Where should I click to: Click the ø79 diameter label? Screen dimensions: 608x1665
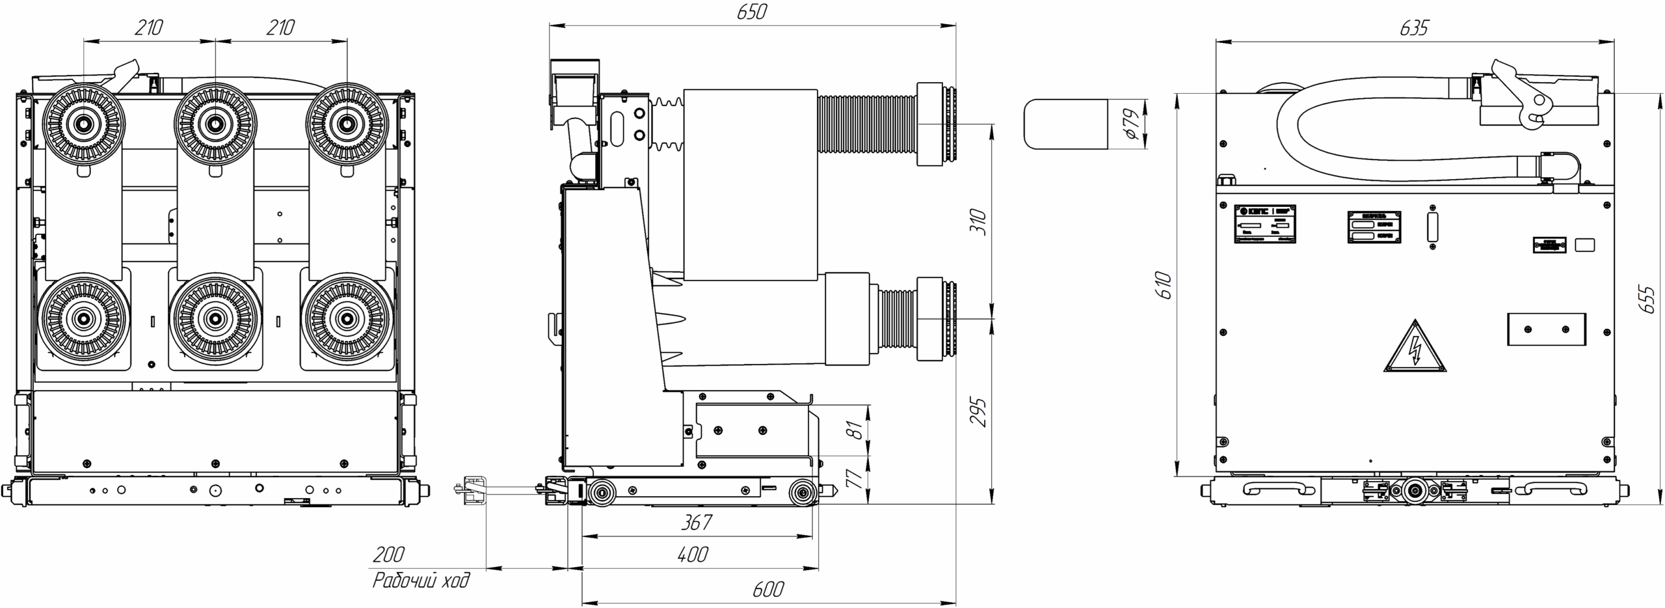[1132, 124]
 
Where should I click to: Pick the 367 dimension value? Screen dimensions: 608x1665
[696, 522]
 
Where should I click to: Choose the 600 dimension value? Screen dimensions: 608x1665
[768, 589]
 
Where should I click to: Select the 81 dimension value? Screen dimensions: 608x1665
[857, 430]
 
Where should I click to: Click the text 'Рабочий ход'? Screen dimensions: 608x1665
[421, 580]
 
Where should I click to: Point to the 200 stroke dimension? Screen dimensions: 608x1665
[388, 555]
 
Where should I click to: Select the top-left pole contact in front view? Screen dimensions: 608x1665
[84, 122]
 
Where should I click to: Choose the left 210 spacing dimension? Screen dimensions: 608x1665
[149, 29]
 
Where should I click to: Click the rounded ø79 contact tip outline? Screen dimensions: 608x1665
[1065, 124]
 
